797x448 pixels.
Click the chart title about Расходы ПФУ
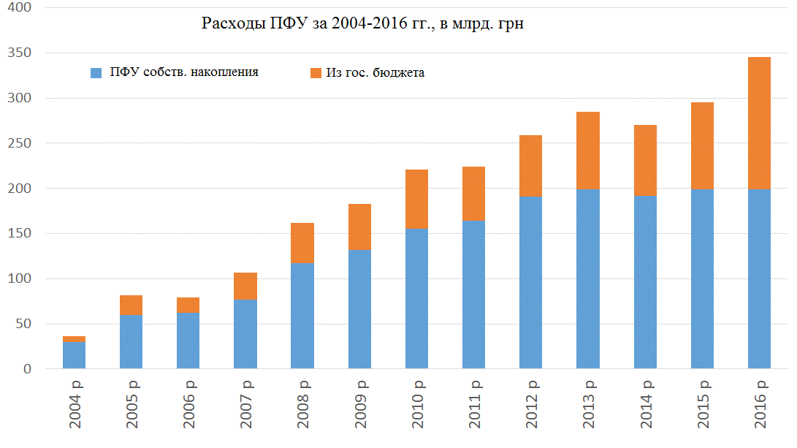tap(363, 24)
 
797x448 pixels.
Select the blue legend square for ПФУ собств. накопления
tap(96, 73)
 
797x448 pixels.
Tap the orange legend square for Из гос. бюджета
tap(316, 73)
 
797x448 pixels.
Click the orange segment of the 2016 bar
tap(759, 123)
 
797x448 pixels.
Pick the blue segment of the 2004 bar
tap(74, 355)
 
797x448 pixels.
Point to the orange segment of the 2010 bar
tap(417, 200)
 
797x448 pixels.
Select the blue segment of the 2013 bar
tap(588, 278)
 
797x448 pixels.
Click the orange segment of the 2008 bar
tap(302, 243)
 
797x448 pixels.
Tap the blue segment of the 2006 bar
tap(188, 341)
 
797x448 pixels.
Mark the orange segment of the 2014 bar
tap(645, 160)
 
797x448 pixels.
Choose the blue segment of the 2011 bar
tap(474, 295)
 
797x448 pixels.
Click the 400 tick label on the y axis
tap(22, 8)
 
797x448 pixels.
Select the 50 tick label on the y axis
tap(26, 324)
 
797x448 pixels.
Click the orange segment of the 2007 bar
tap(245, 286)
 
